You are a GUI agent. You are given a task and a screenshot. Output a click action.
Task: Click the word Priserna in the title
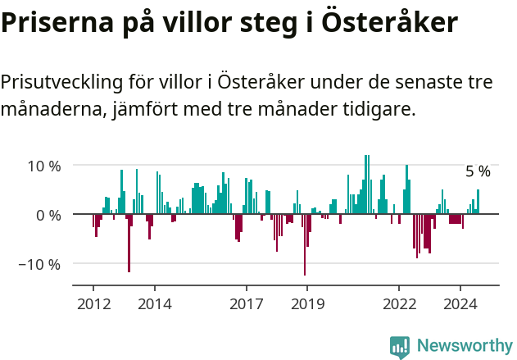[x=50, y=23]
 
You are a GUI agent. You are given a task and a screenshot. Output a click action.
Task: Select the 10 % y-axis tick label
[x=44, y=165]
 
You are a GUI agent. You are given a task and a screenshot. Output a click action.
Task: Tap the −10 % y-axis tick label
[x=41, y=264]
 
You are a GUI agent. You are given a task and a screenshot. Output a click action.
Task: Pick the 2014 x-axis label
[x=154, y=304]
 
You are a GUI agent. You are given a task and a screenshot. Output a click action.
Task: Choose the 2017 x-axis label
[x=246, y=304]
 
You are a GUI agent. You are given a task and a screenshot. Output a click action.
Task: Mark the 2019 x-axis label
[x=307, y=304]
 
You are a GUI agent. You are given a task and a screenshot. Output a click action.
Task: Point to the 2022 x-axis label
[x=399, y=304]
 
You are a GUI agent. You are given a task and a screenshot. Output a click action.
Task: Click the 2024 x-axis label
[x=460, y=304]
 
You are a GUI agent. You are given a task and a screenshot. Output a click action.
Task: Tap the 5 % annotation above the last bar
[x=478, y=171]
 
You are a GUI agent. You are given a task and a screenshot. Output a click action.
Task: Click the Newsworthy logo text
[x=464, y=346]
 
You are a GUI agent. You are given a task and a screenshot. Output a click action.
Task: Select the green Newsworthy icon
[x=400, y=346]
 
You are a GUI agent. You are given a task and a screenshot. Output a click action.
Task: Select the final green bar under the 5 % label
[x=478, y=202]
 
